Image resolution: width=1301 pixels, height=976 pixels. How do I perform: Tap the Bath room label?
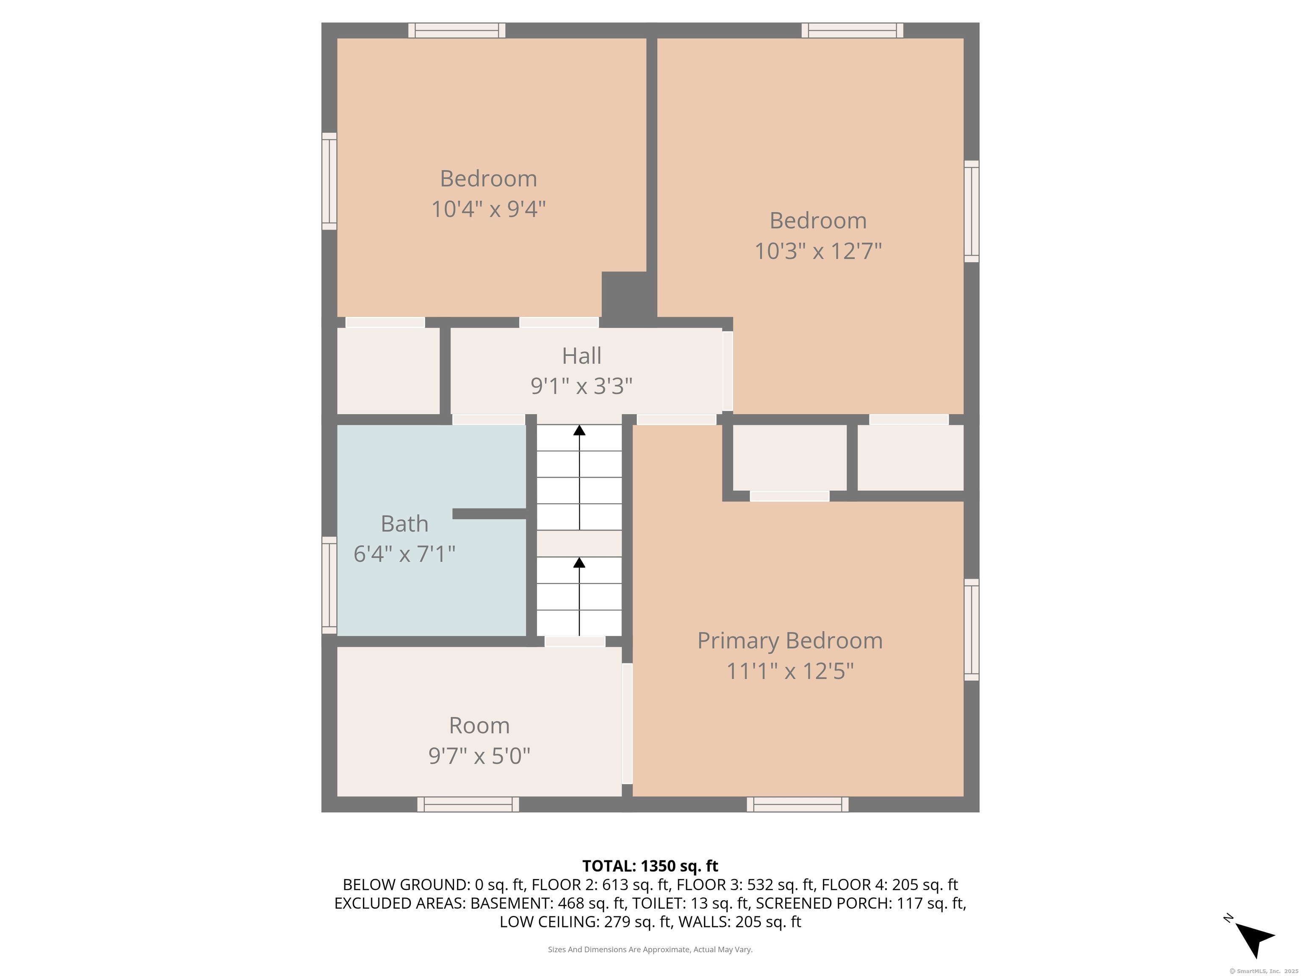[404, 524]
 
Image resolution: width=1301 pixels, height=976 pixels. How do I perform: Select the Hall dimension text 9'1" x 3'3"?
[582, 386]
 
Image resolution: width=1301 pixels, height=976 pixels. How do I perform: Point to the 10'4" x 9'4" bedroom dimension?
[489, 209]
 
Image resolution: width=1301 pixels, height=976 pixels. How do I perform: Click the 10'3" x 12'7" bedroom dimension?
[818, 251]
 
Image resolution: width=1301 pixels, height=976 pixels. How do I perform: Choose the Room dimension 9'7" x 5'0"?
[479, 756]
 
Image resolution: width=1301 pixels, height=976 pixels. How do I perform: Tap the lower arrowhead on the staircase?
[579, 563]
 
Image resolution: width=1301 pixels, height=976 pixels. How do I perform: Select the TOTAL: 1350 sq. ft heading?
[650, 866]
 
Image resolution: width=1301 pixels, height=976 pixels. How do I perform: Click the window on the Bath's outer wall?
[329, 585]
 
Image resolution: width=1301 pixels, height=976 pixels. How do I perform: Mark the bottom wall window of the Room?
[468, 804]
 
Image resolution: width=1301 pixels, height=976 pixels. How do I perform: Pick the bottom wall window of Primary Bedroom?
[797, 804]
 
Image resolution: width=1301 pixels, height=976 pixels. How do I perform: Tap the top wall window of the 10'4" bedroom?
[457, 30]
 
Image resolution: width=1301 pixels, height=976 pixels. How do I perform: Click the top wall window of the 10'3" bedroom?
[852, 30]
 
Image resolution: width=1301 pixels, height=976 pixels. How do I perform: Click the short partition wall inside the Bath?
[489, 513]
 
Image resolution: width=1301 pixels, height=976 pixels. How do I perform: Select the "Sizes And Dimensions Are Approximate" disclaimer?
[650, 950]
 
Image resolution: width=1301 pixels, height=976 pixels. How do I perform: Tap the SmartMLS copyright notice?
[1264, 971]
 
